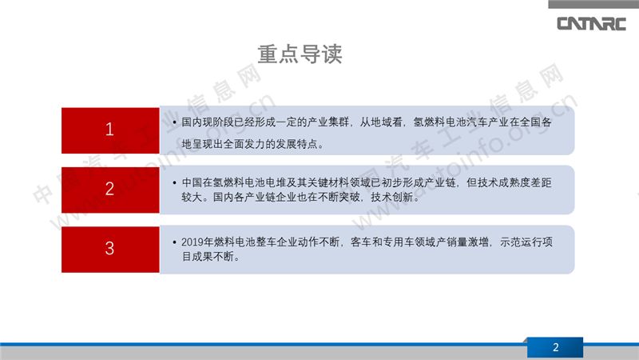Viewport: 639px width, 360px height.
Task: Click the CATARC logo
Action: (x=591, y=24)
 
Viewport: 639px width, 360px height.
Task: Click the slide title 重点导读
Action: (x=300, y=54)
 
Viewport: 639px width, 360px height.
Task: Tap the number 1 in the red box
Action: (x=109, y=130)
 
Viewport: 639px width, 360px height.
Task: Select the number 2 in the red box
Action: (x=109, y=189)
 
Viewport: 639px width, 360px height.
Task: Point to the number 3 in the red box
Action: (x=109, y=248)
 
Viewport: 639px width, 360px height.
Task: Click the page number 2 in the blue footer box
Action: (x=555, y=347)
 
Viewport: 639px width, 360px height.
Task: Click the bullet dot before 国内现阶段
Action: (x=174, y=122)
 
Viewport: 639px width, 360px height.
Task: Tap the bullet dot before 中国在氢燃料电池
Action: (x=174, y=183)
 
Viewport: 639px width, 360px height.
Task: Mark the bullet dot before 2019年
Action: (x=174, y=242)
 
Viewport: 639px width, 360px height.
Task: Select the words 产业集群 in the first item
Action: (x=328, y=122)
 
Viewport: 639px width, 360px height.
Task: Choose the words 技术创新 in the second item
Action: (x=391, y=197)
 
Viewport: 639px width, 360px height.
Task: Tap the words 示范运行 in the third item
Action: (x=522, y=242)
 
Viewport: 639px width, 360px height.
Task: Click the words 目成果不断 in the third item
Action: (x=208, y=257)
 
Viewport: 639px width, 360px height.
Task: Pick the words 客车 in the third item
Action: (x=361, y=242)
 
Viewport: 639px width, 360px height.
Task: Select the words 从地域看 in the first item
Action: (x=381, y=122)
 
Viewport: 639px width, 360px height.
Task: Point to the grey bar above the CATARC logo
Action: (x=593, y=4)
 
